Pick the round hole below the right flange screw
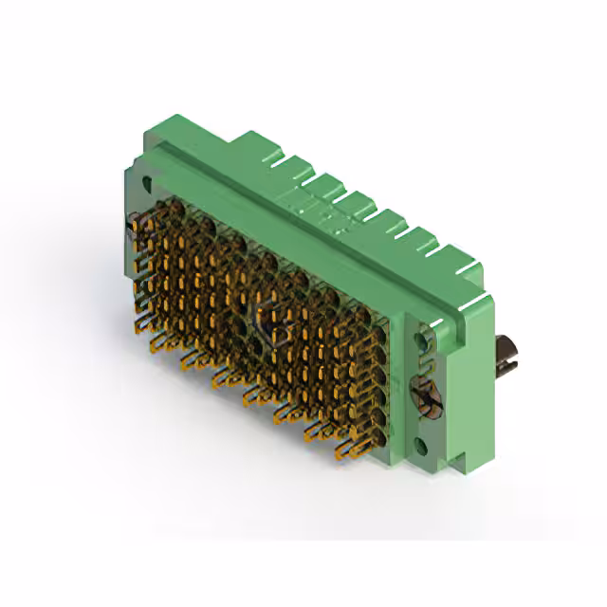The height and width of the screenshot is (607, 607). [x=424, y=444]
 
